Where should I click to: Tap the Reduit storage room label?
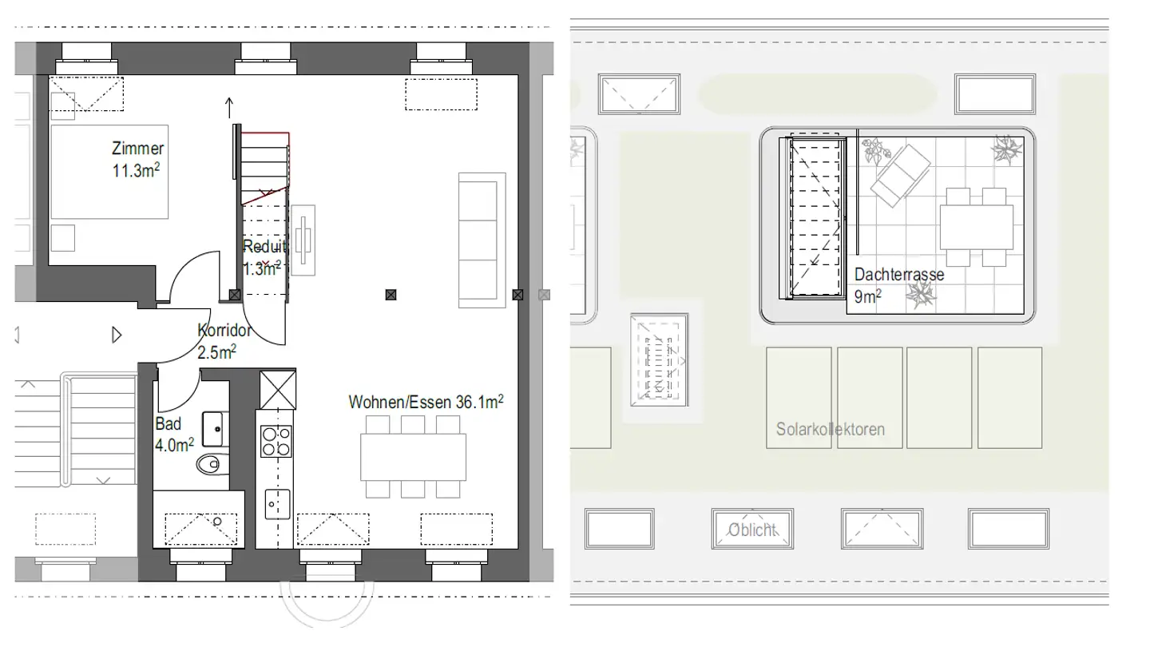(x=264, y=257)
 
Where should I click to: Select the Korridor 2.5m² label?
(x=224, y=340)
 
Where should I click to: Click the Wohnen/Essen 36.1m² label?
(x=426, y=403)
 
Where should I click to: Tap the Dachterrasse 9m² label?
(x=898, y=285)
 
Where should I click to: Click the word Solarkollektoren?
(x=830, y=430)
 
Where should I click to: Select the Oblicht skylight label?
(x=751, y=530)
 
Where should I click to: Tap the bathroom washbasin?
(x=213, y=429)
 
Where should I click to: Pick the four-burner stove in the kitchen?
(x=276, y=441)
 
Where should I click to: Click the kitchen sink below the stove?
(x=276, y=503)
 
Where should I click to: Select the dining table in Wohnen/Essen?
(x=413, y=456)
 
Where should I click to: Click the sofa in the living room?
(x=482, y=240)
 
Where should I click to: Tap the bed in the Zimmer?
(x=110, y=171)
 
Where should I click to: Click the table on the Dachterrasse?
(x=976, y=227)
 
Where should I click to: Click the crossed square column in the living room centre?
(x=390, y=296)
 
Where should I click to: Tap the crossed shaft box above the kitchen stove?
(x=278, y=388)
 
